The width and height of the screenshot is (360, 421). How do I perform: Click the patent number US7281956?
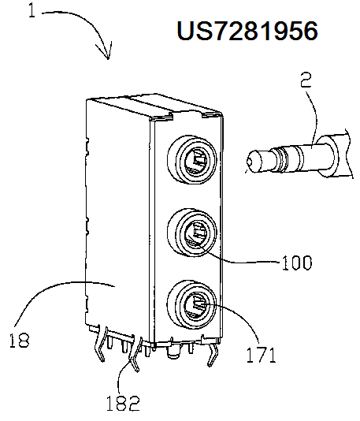[x=247, y=31]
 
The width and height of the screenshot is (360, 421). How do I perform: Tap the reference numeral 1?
[x=32, y=11]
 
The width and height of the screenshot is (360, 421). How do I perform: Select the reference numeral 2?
[x=306, y=80]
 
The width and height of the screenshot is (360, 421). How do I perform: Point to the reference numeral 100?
[x=297, y=263]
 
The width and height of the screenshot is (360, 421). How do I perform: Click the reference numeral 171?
[x=261, y=355]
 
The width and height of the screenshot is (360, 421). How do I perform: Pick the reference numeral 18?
[x=20, y=341]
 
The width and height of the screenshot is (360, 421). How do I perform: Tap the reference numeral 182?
[x=123, y=404]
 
